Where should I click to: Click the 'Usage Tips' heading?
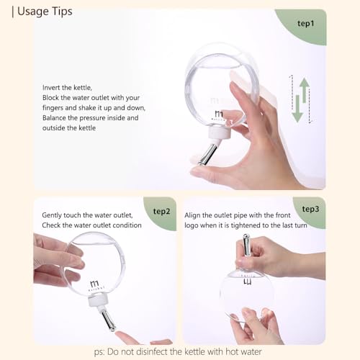click(45, 12)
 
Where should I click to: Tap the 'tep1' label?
click(306, 24)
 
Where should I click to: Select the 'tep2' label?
click(161, 212)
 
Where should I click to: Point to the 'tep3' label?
click(310, 209)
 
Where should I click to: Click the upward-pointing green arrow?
click(305, 90)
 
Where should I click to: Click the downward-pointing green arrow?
click(297, 109)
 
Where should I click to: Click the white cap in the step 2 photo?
click(98, 301)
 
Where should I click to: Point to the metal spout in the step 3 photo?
click(246, 246)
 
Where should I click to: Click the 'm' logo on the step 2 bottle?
click(94, 284)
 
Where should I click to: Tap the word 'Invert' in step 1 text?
click(51, 88)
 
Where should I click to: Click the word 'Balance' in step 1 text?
click(54, 118)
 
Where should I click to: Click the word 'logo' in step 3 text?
click(192, 226)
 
